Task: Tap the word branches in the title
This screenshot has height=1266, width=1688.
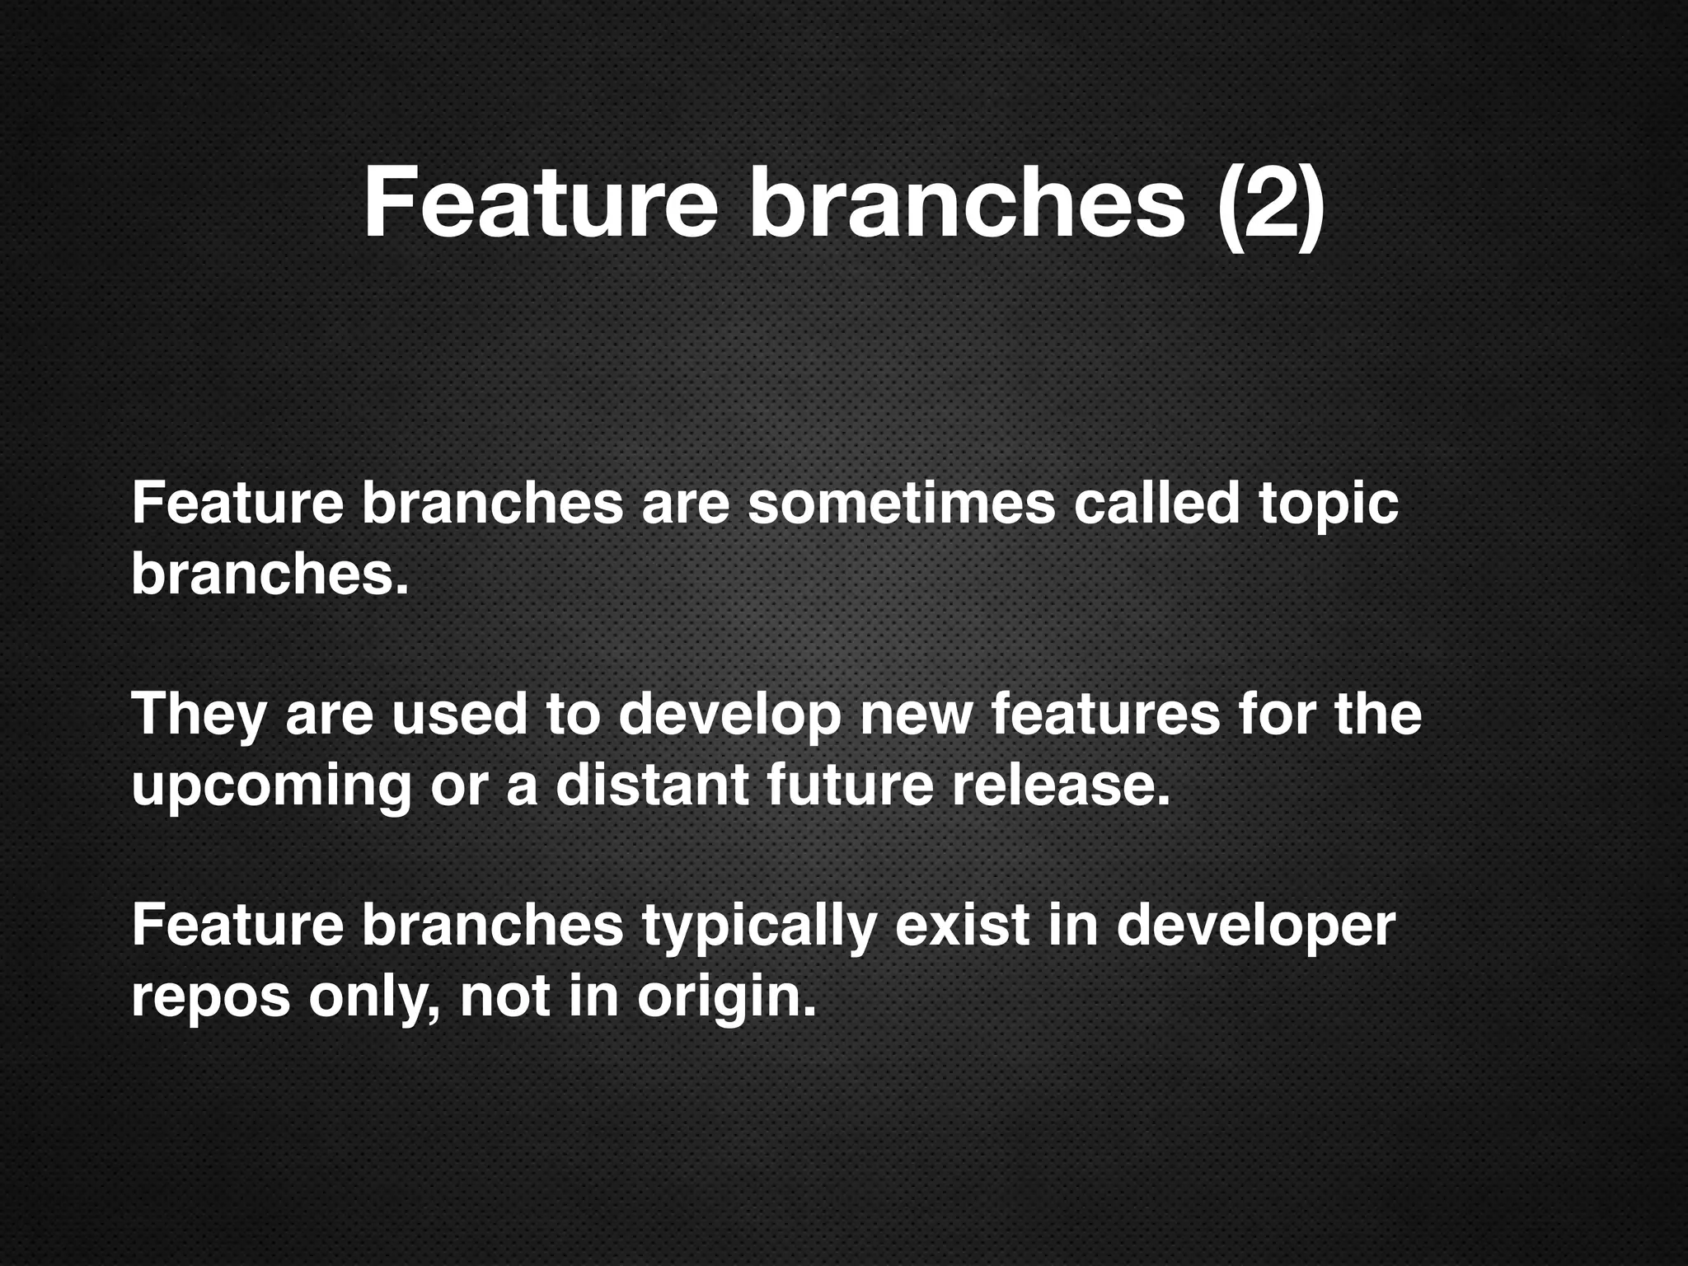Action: pos(966,203)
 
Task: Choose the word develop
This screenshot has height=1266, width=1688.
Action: pos(729,715)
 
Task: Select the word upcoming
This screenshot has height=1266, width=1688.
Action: pos(271,786)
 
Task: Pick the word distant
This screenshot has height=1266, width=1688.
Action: pos(652,785)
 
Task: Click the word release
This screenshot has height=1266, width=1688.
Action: pos(1061,785)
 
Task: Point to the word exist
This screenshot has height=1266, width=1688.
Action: pos(962,925)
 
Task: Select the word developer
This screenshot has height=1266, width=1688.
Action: pos(1255,926)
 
